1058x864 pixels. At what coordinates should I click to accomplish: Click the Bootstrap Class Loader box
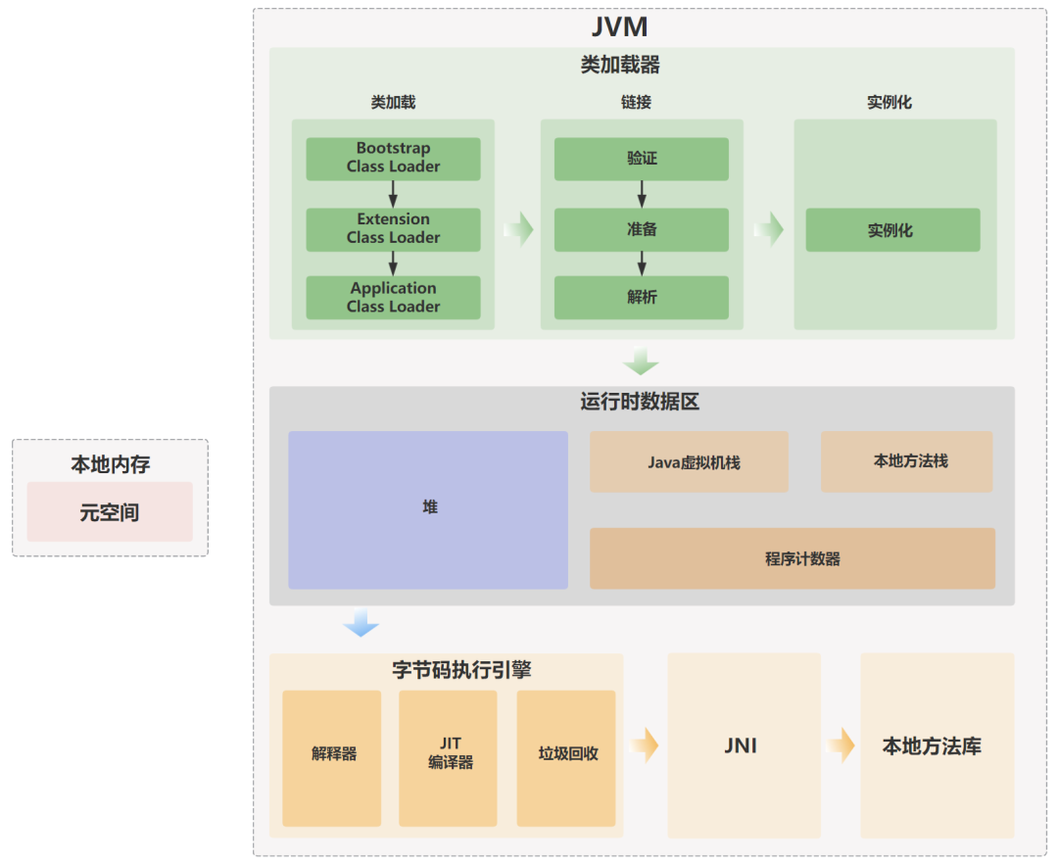click(393, 159)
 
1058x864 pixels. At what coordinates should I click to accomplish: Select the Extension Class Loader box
click(393, 229)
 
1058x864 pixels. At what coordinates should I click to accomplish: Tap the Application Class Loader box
click(393, 298)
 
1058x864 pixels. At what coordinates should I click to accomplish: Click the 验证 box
click(642, 159)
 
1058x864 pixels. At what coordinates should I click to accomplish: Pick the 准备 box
click(642, 229)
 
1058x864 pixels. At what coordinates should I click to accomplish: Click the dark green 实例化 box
click(892, 230)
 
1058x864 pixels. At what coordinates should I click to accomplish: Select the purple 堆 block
click(428, 509)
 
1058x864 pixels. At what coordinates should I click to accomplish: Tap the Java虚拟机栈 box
click(689, 461)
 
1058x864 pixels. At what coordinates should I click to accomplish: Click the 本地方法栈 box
click(907, 461)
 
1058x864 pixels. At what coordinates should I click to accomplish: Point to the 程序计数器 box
click(792, 558)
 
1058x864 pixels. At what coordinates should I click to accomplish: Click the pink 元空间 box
click(110, 512)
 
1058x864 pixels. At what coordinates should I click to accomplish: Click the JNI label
click(741, 746)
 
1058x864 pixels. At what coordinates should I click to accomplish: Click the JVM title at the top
click(620, 26)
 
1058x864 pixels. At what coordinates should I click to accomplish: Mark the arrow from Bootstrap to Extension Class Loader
click(393, 194)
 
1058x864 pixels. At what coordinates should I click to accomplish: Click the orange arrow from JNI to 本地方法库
click(841, 745)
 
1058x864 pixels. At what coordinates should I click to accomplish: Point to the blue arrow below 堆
click(361, 623)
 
